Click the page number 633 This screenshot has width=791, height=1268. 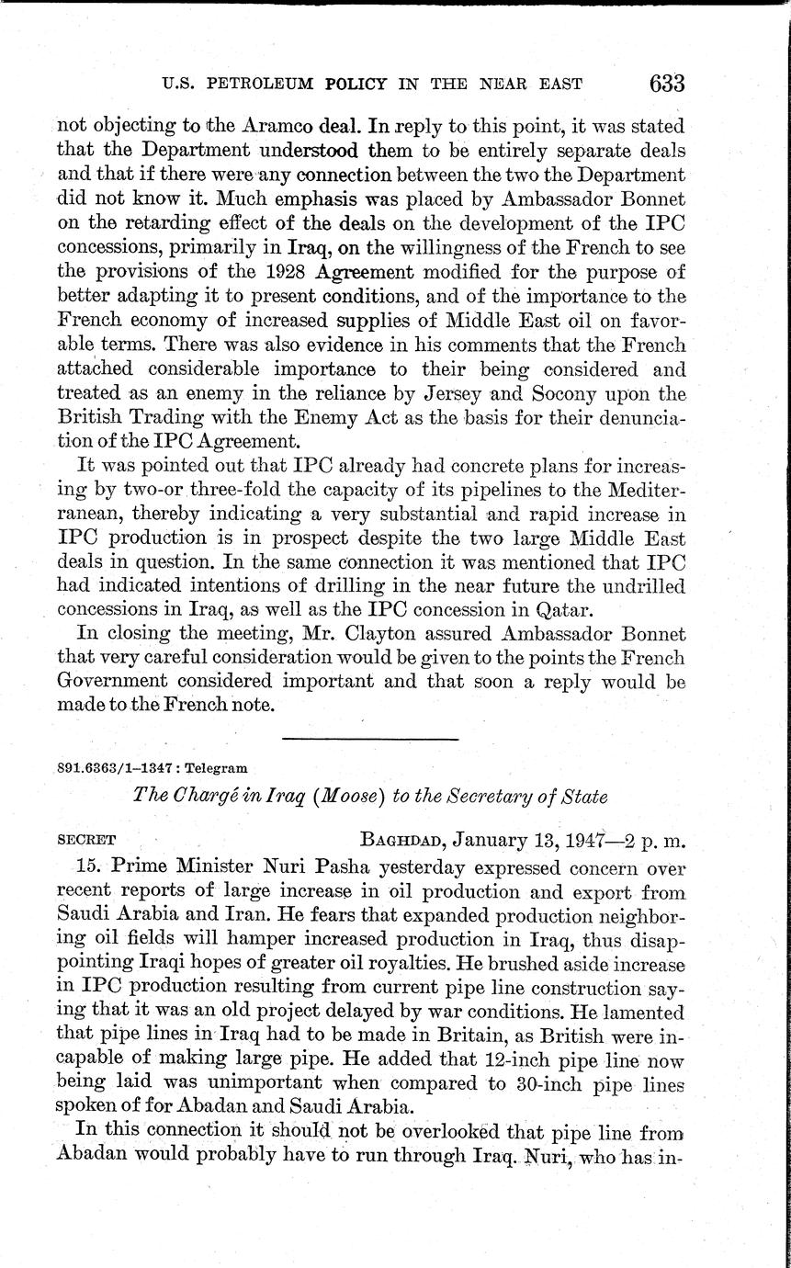point(666,84)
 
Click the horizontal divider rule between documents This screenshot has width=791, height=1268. point(369,738)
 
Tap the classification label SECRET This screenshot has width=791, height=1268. point(87,839)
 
